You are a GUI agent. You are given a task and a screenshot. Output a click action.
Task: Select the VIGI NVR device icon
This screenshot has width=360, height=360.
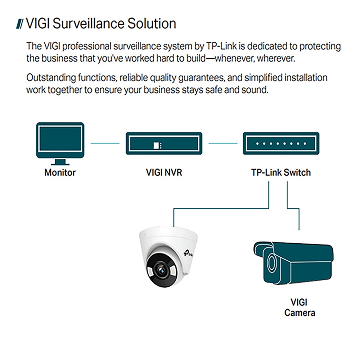164,143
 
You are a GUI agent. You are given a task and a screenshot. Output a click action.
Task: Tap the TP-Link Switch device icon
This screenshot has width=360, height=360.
281,143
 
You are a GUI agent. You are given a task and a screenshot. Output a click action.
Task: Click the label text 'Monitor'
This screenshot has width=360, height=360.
60,172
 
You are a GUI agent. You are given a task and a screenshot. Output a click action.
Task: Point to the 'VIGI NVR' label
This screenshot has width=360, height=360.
164,172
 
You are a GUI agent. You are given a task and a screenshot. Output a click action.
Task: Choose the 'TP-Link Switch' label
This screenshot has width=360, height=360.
281,172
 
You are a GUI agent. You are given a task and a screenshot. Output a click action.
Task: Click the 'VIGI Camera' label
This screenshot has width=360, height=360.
300,307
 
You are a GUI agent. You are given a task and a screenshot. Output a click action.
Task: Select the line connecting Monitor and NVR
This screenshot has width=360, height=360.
105,144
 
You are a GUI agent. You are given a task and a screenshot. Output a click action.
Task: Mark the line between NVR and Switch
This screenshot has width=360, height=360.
223,144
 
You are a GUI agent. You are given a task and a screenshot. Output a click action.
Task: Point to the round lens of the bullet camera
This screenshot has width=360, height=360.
270,262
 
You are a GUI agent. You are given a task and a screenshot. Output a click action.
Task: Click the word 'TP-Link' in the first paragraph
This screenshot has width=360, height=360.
221,47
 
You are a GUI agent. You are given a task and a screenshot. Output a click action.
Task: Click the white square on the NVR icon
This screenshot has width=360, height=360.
156,145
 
